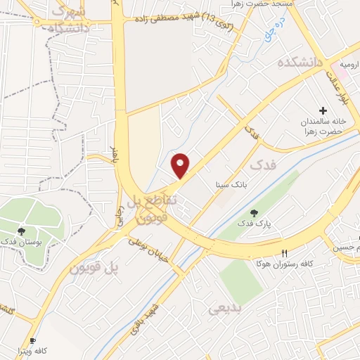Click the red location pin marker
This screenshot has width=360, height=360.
click(181, 165)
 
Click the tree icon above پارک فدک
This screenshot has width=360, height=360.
click(254, 213)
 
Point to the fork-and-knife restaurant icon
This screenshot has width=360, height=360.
click(284, 253)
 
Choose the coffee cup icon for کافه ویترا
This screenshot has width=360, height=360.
click(32, 340)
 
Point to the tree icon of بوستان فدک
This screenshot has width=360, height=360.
click(22, 230)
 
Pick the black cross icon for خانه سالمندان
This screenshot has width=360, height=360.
click(323, 110)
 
